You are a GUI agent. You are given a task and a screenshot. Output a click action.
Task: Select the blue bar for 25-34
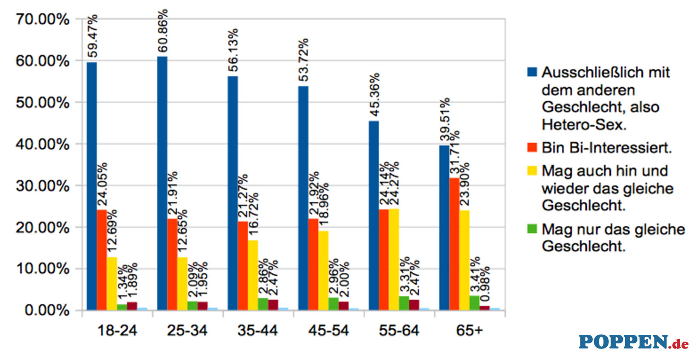[x=162, y=183]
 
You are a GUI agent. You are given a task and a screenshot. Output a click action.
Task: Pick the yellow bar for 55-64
[x=394, y=259]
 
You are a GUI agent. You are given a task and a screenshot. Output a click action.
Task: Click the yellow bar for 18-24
[x=112, y=283]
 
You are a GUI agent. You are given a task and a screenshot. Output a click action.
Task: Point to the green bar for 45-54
[x=333, y=304]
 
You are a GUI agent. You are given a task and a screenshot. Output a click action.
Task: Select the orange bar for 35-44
[x=243, y=266]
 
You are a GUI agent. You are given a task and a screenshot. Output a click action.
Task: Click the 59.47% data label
[x=92, y=36]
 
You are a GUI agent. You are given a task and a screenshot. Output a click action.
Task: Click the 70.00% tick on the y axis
[x=43, y=19]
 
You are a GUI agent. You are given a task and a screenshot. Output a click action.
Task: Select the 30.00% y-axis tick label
[x=43, y=186]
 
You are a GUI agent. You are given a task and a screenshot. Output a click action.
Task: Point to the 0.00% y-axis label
[x=47, y=310]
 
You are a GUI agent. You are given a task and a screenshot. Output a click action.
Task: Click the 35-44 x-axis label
[x=258, y=331]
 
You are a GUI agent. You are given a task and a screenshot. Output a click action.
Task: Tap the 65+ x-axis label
[x=469, y=331]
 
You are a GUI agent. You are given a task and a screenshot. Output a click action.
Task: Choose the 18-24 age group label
[x=117, y=331]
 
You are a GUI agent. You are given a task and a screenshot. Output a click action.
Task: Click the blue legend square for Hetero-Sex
[x=532, y=72]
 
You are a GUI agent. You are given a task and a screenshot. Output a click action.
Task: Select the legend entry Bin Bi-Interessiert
[x=606, y=148]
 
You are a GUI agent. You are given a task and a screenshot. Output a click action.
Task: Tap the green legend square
[x=532, y=229]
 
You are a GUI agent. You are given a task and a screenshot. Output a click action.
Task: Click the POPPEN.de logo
[x=633, y=342]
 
